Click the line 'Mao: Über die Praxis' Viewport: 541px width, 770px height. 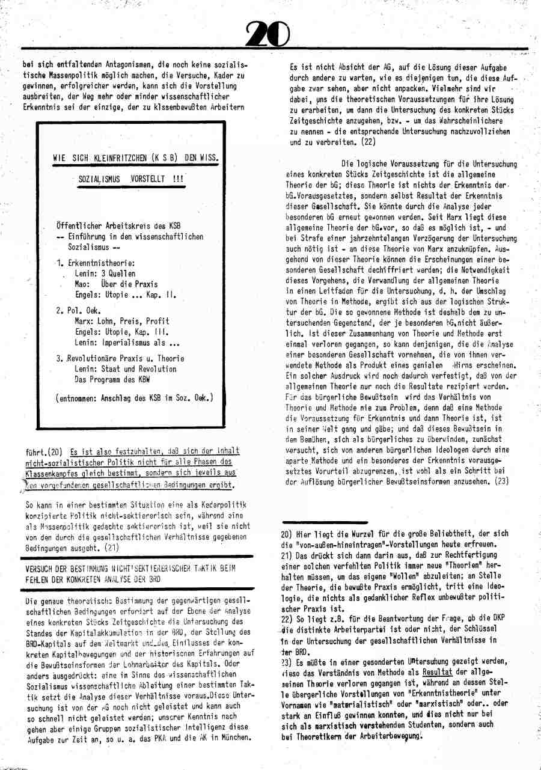tap(116, 284)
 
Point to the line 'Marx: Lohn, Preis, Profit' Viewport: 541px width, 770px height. tap(122, 321)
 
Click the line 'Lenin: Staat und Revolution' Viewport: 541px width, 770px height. tap(126, 369)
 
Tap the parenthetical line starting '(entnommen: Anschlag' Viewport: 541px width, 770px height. tap(133, 397)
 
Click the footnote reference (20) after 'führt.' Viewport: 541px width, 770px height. tap(54, 451)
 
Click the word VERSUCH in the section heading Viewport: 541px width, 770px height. tap(41, 569)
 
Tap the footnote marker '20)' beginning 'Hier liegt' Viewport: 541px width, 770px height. tap(287, 533)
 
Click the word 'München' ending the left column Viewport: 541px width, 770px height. tap(238, 738)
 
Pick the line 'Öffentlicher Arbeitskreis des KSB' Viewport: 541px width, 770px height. tap(118, 226)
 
